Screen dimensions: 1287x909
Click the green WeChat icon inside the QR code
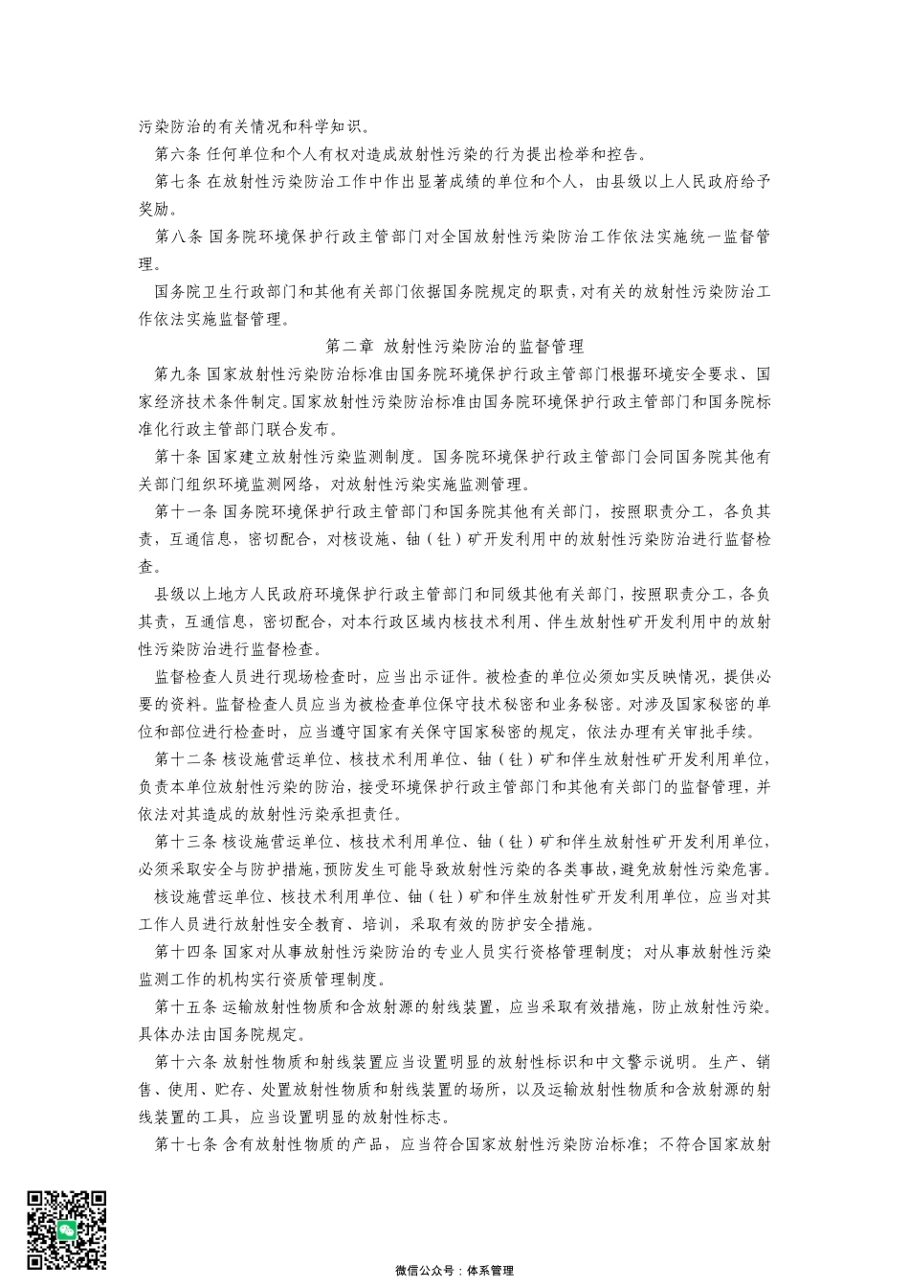coord(66,1230)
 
